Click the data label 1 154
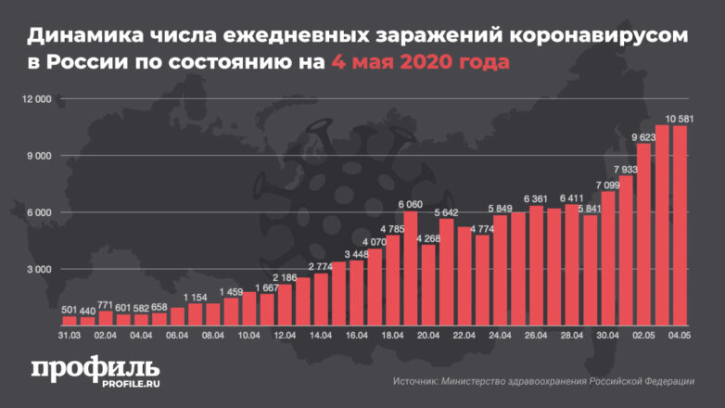click(195, 297)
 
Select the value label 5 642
click(446, 212)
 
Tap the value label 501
click(69, 309)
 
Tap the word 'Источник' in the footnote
click(415, 381)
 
